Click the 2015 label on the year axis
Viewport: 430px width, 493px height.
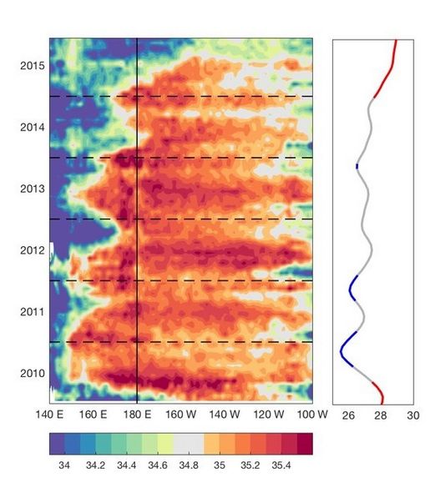[33, 66]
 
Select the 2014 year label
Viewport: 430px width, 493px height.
[33, 128]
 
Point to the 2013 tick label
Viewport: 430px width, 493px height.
[33, 189]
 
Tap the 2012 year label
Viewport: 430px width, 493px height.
[33, 250]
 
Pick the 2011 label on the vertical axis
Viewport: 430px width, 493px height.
[33, 312]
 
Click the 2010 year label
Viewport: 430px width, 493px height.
[33, 373]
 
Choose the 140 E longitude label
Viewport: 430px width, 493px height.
[49, 415]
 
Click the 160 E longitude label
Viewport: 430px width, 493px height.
[94, 415]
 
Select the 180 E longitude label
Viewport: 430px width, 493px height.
[137, 415]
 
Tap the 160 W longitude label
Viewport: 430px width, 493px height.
[181, 415]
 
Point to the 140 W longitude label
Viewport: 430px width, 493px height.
[225, 415]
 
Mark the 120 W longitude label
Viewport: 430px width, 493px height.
[269, 415]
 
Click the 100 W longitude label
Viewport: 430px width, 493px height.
[312, 415]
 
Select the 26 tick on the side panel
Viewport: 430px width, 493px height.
[348, 415]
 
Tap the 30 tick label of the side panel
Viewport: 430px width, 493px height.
[413, 415]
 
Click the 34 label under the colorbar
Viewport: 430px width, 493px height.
[64, 465]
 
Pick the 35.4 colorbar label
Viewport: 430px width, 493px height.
[281, 465]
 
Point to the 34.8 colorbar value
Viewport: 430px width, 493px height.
[189, 465]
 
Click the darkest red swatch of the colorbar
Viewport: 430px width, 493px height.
[305, 444]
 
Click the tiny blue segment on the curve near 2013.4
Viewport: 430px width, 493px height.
[357, 166]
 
